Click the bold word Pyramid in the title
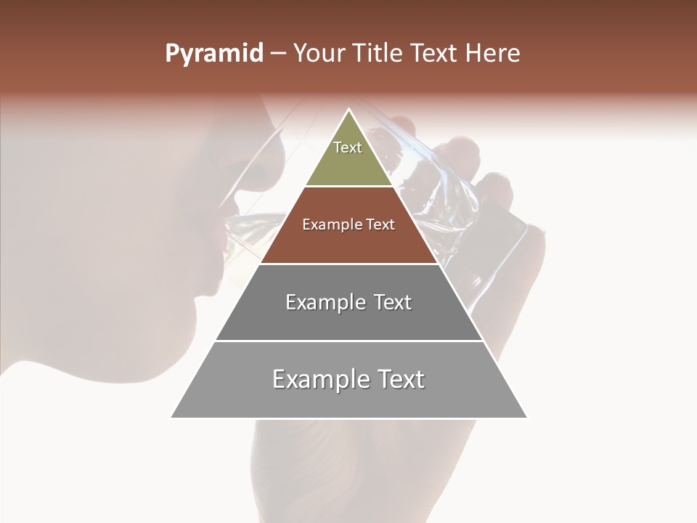click(213, 54)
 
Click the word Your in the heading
click(320, 54)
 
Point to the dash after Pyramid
click(277, 54)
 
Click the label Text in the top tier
click(348, 147)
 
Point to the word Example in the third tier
click(317, 302)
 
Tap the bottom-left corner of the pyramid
click(172, 417)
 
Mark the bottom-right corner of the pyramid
click(526, 417)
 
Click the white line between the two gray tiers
click(348, 341)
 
